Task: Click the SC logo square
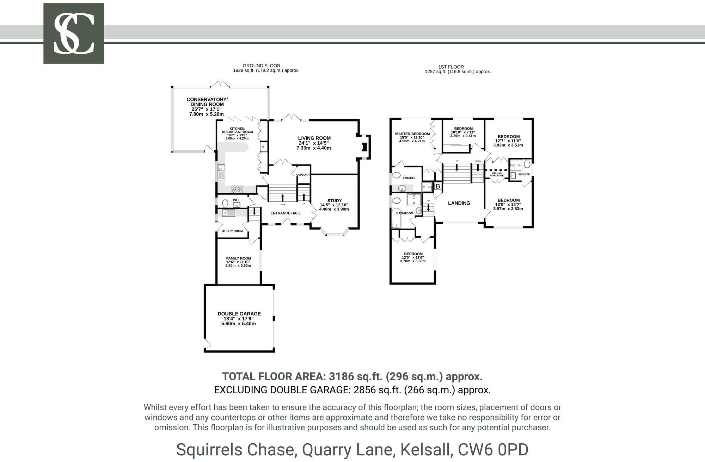[x=74, y=33]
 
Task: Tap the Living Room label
[x=314, y=138]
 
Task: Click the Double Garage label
[x=239, y=314]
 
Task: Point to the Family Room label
[x=238, y=258]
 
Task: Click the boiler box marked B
[x=437, y=186]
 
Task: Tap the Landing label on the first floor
[x=459, y=203]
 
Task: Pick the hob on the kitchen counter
[x=237, y=189]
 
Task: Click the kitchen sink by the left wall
[x=221, y=171]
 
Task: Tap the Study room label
[x=334, y=201]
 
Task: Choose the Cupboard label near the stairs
[x=303, y=175]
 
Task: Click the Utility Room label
[x=232, y=231]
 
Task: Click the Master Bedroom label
[x=412, y=134]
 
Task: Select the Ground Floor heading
[x=261, y=65]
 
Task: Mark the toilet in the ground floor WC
[x=225, y=203]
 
